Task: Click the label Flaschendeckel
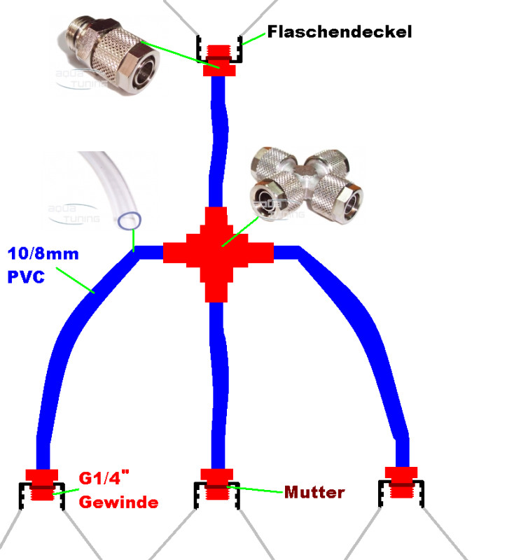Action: tap(340, 31)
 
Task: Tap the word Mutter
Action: tap(314, 492)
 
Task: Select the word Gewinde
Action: tap(118, 502)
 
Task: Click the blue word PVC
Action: tap(26, 276)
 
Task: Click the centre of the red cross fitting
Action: tap(217, 253)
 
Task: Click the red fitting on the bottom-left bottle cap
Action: tap(43, 484)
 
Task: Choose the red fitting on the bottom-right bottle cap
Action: tap(401, 481)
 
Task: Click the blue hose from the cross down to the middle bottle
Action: tap(218, 385)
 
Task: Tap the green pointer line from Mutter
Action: tap(259, 489)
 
